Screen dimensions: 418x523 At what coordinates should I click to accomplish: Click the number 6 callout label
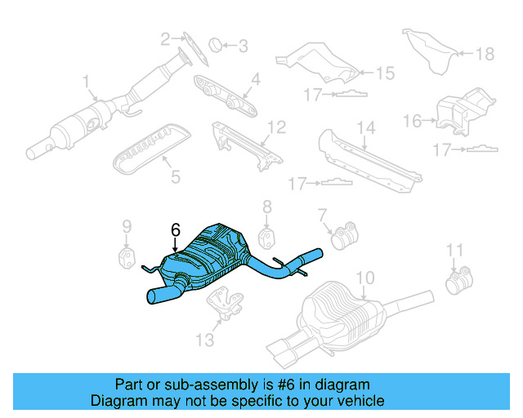pyautogui.click(x=174, y=230)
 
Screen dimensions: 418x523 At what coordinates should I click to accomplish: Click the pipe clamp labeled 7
pyautogui.click(x=344, y=233)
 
